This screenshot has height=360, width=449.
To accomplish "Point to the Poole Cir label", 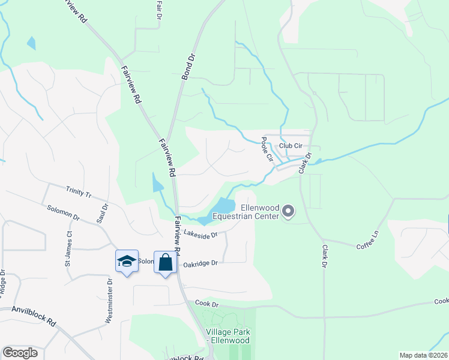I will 267,150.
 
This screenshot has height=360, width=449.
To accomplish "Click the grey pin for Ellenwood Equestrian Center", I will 289,211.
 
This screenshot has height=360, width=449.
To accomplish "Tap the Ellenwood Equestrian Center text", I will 246,212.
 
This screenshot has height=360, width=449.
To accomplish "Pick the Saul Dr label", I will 105,214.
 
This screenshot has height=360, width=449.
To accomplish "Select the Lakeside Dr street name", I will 200,235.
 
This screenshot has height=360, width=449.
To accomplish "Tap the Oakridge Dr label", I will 200,263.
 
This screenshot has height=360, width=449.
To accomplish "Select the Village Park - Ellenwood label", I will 228,336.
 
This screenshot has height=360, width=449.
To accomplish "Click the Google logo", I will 20,353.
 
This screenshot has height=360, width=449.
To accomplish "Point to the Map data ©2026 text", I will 423,355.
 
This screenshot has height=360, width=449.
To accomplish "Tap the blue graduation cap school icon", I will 127,261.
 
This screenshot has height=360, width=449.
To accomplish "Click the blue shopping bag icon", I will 165,262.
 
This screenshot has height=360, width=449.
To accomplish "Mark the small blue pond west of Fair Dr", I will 31,43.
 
